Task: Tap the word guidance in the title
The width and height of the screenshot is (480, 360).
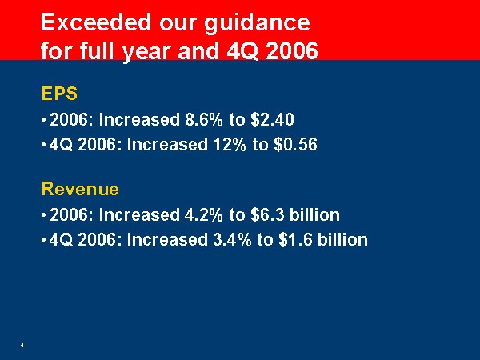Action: (257, 24)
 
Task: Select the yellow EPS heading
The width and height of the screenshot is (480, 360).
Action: (59, 94)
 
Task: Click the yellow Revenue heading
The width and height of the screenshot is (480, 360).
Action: (80, 189)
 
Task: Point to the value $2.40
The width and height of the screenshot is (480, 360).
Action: (272, 119)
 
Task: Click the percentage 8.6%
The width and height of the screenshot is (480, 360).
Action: (203, 119)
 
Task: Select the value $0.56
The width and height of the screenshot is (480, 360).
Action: (295, 144)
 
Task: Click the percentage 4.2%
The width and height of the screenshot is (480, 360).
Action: (203, 214)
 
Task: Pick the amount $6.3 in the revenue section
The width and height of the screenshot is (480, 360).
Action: (267, 214)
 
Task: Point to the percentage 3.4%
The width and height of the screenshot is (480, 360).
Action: (232, 239)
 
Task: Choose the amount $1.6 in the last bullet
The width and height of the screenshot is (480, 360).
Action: (295, 239)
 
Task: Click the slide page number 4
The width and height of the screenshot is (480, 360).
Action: (22, 346)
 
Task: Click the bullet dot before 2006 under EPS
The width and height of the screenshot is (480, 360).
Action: (44, 120)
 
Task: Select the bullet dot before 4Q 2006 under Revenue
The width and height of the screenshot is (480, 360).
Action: (44, 240)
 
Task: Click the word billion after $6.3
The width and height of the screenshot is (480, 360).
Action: (314, 214)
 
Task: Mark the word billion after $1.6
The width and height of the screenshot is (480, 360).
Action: (342, 239)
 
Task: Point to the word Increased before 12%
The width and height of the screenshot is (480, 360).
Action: (167, 144)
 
